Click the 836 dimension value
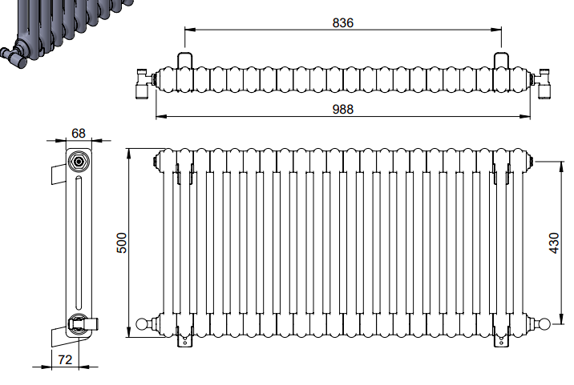(x=342, y=22)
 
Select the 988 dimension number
(x=342, y=110)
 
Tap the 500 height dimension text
(x=122, y=243)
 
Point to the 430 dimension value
(x=554, y=243)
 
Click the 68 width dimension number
(x=79, y=134)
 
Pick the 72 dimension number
(x=65, y=359)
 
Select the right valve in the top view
(x=541, y=82)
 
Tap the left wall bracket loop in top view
(x=184, y=60)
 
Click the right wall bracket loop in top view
(x=501, y=60)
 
